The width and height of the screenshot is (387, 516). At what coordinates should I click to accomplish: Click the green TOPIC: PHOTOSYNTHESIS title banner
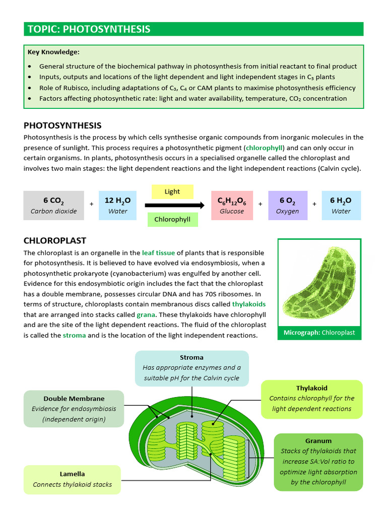coord(193,29)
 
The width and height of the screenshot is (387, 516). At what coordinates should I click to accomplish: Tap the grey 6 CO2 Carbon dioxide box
coord(53,206)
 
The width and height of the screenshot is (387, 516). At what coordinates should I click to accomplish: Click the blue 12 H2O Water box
coord(118,206)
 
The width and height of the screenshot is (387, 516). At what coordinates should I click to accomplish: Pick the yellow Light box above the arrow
coord(172,191)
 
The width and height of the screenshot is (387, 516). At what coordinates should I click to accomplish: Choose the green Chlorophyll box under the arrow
coord(172,220)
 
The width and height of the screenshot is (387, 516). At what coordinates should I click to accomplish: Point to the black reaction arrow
coord(174,205)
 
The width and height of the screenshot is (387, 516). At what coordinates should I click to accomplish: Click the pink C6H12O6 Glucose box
coord(231,206)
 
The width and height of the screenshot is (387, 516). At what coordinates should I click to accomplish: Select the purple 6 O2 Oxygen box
coord(287,206)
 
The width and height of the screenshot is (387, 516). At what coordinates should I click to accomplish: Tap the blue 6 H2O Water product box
coord(341,206)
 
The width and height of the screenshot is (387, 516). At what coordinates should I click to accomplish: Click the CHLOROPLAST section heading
coord(55,241)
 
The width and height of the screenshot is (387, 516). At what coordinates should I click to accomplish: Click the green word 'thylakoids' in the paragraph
coord(248,304)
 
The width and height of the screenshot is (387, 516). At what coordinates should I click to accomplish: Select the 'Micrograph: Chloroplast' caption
coord(319,333)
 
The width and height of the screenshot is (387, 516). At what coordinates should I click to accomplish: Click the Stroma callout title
coord(191,358)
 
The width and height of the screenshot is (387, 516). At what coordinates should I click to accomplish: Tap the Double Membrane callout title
coord(74,399)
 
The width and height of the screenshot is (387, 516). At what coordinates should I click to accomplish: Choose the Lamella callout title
coord(72,474)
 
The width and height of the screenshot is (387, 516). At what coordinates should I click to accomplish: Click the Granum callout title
coord(318,441)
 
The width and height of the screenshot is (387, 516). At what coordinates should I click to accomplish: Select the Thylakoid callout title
coord(311,388)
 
